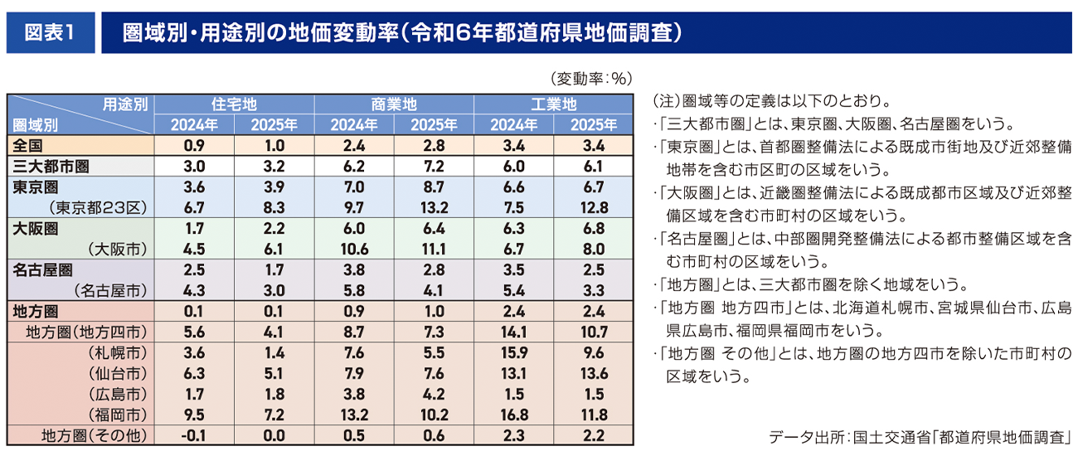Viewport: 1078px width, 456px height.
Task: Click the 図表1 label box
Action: coord(50,32)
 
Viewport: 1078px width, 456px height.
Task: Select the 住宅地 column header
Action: coord(234,105)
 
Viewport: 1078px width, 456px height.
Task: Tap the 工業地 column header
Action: coord(554,105)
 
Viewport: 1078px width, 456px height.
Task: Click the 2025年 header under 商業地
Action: coord(434,125)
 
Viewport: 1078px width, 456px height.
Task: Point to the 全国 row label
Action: coord(28,146)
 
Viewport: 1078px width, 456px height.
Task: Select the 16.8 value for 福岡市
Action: coord(513,415)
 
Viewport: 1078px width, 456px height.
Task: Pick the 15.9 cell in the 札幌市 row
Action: coord(513,352)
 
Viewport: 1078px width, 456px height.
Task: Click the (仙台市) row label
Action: coord(117,373)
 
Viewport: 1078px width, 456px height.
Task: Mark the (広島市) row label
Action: coord(117,394)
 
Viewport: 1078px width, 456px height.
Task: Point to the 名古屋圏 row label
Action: coord(42,270)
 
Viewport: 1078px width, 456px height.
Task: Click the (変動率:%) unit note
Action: coord(591,79)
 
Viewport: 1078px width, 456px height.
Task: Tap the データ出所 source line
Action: coord(920,436)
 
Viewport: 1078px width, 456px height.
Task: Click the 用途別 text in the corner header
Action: coord(125,104)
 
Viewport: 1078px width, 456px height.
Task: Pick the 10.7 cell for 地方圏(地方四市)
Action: coord(594,332)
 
